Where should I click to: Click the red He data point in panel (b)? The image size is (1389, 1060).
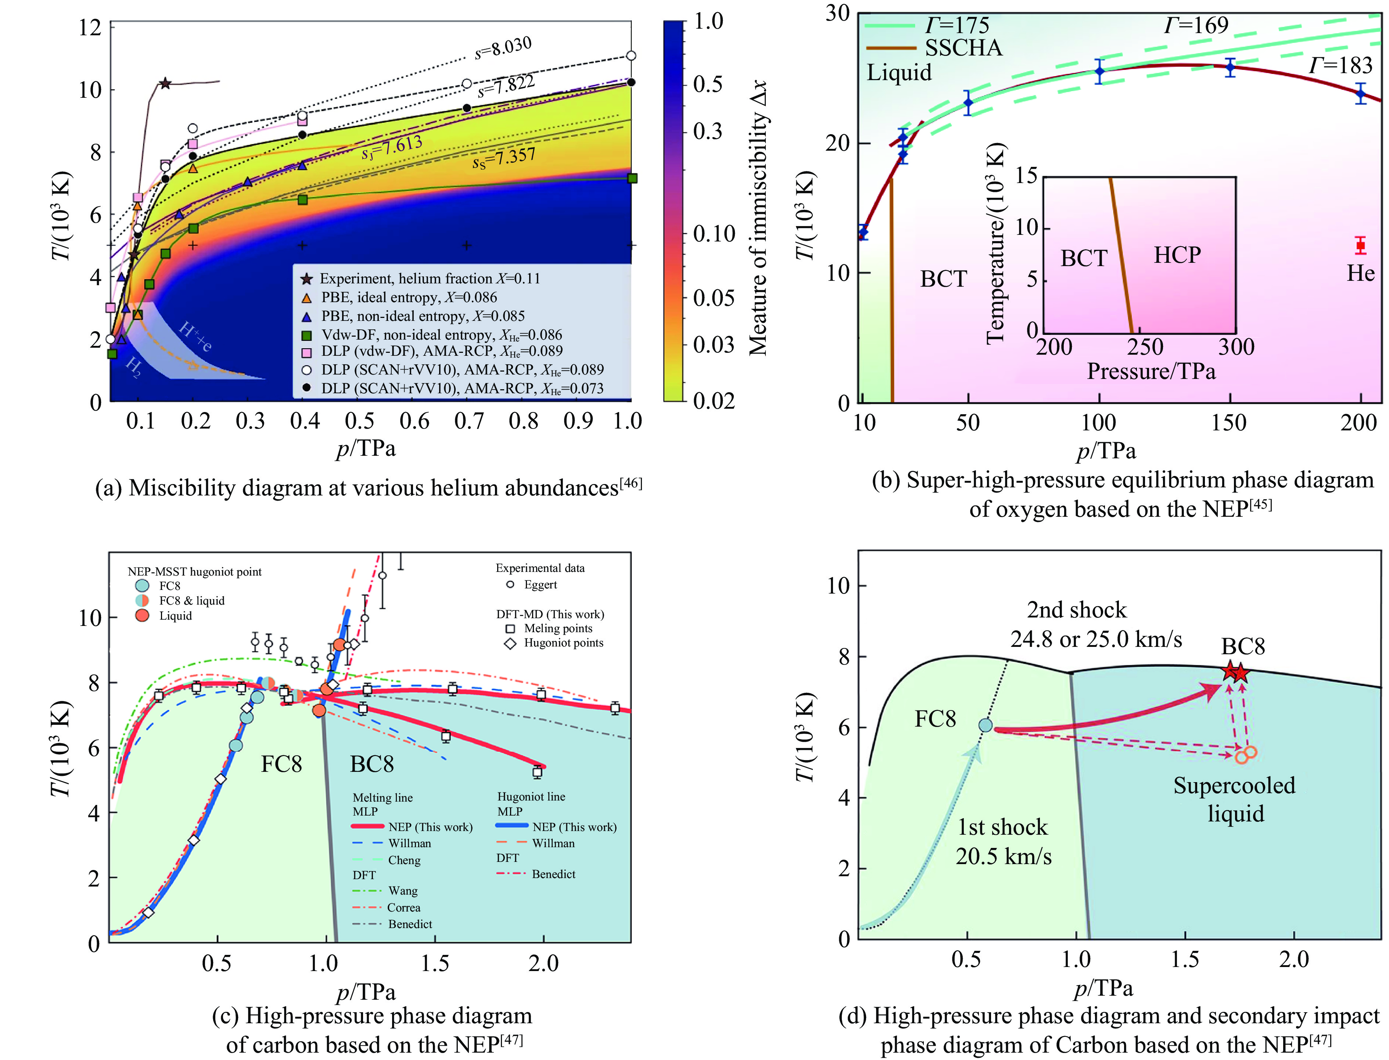tap(1361, 246)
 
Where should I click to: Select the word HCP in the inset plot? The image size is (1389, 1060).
tap(1177, 255)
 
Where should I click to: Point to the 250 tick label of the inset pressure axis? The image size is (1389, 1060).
tap(1145, 347)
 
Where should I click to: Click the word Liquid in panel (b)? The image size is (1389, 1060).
tap(899, 72)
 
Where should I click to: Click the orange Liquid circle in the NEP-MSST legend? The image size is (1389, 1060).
tap(143, 615)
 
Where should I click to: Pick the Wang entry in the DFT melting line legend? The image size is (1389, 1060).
tap(402, 891)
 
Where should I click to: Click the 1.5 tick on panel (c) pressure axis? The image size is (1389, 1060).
tap(435, 963)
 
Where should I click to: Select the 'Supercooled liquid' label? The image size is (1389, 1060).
tap(1234, 799)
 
